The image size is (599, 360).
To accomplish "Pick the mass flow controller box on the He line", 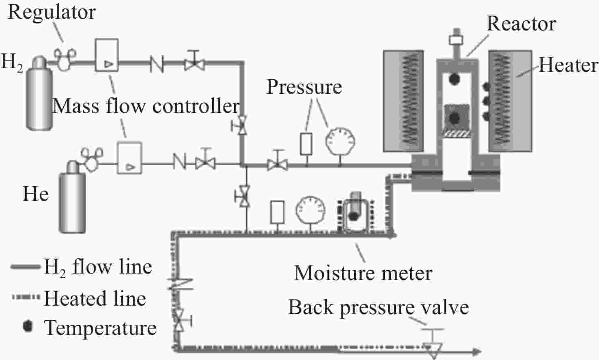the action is pos(130,158).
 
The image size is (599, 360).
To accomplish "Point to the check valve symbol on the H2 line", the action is pos(157,64).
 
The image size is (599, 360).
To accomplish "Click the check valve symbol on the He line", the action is pos(179,161).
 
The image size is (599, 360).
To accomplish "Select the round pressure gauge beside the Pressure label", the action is pos(340,142).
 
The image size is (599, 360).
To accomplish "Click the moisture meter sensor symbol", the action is pos(355,211).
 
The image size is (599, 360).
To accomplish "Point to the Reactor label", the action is pos(521,24).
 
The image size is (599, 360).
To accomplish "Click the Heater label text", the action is pos(568,65).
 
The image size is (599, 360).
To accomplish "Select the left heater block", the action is pos(403,101).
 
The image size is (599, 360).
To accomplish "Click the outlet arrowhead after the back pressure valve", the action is pos(476,351).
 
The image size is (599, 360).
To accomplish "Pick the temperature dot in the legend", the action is pos(28,326).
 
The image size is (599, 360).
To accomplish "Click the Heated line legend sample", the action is pos(26,297).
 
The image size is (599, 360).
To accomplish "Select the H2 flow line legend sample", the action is pos(26,267).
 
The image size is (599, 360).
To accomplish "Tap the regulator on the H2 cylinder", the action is pos(65,59).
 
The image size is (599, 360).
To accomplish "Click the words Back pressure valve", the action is pos(378,308).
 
